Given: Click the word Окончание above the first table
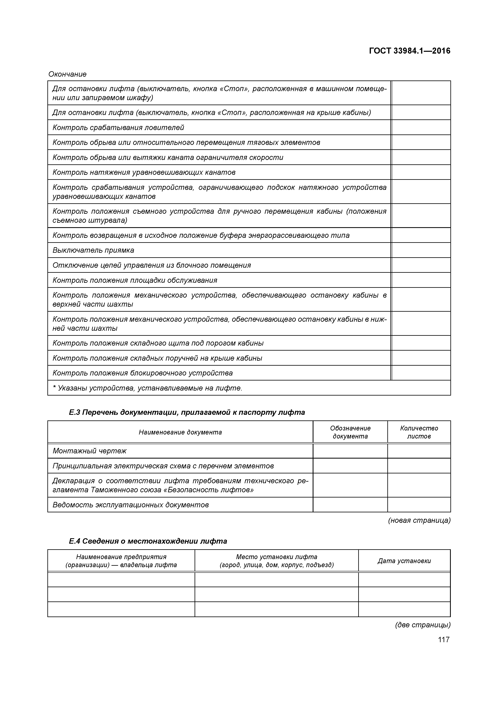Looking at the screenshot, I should point(67,74).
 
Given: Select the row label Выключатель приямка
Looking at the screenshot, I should point(93,250).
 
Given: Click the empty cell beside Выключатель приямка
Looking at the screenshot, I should point(421,250).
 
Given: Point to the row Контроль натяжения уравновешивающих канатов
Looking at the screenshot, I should point(144,172).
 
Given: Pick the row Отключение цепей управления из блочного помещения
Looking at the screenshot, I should point(152,265).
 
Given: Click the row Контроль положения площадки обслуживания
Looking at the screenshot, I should point(135,280).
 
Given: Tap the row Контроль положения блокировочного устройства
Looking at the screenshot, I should point(143,373).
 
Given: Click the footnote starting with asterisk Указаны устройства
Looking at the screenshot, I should point(147,388).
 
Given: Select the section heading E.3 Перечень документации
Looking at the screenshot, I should point(187,412).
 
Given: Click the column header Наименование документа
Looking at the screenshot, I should point(180,432).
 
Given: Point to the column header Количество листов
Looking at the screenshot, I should point(419,432).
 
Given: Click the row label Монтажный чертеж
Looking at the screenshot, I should point(90,451).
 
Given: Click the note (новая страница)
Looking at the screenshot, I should point(419,520).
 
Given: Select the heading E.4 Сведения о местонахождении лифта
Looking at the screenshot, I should point(148,541).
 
